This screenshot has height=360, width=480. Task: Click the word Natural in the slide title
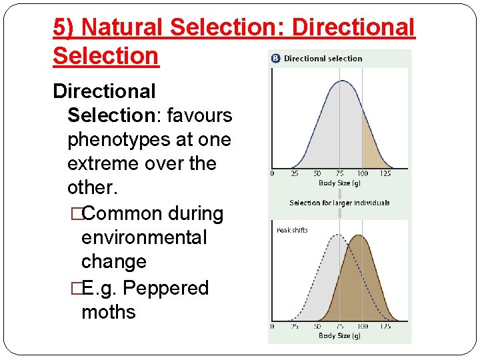[x=123, y=27]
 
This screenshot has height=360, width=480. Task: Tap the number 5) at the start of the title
[x=64, y=27]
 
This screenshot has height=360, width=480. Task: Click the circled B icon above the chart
[x=275, y=59]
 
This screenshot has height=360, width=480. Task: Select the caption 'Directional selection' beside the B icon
[x=323, y=59]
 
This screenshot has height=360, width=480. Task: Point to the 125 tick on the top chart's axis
[x=385, y=174]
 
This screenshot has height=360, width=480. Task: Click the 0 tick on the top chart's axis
[x=272, y=174]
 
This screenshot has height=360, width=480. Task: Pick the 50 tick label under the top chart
[x=317, y=174]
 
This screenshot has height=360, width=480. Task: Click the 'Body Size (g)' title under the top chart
[x=339, y=183]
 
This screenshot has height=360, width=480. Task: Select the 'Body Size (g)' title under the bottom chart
[x=339, y=336]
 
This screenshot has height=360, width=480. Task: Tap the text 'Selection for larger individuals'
[x=339, y=203]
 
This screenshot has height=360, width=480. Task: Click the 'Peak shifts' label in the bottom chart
[x=292, y=231]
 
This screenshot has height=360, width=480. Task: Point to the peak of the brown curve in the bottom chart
[x=359, y=236]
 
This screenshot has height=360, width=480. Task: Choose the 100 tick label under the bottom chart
[x=362, y=327]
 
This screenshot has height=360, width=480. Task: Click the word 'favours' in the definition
[x=199, y=115]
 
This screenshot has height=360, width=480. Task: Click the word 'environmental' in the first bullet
[x=143, y=237]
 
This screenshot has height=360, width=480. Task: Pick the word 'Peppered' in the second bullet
[x=166, y=288]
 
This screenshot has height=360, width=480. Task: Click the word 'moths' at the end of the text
[x=108, y=311]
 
